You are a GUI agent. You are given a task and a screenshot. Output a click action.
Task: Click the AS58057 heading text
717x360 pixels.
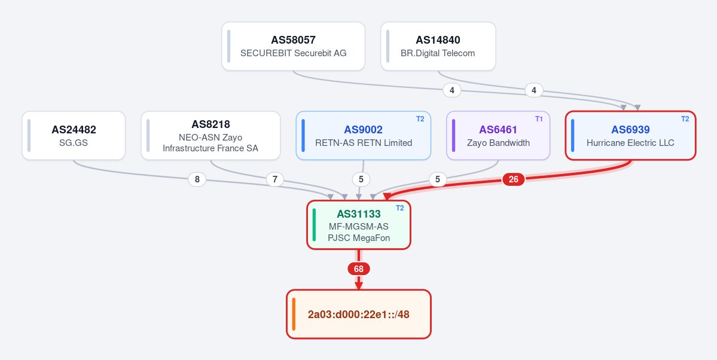[293, 40]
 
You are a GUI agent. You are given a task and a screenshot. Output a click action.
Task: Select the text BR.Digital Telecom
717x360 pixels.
[438, 53]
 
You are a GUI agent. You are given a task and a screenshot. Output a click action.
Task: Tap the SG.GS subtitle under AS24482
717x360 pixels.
[74, 143]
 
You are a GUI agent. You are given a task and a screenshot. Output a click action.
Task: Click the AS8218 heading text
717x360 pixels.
[210, 124]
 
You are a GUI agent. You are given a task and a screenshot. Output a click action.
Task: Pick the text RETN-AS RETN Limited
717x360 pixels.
[364, 143]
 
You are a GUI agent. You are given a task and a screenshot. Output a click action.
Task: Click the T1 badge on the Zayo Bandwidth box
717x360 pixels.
[539, 119]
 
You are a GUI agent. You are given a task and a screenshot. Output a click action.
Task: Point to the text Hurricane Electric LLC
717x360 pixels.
[630, 143]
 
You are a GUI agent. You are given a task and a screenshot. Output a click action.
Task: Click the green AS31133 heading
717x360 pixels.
[359, 213]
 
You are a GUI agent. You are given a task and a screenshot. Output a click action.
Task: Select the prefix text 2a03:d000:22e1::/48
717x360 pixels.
[359, 315]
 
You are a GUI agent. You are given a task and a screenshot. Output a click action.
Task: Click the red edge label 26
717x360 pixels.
[514, 179]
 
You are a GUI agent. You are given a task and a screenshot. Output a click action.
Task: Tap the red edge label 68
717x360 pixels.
[359, 269]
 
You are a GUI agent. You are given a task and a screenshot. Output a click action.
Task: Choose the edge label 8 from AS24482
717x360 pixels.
[197, 180]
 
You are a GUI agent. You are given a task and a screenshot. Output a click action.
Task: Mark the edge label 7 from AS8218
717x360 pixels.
[275, 180]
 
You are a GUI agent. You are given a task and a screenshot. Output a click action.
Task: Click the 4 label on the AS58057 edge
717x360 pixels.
[451, 90]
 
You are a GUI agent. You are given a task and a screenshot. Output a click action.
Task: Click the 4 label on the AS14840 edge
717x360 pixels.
[533, 90]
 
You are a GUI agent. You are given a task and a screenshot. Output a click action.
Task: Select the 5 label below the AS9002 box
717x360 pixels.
[361, 180]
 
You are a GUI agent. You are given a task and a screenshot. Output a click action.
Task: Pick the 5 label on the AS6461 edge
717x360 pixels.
[438, 180]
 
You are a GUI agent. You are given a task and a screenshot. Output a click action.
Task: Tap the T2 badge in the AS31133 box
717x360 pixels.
[399, 208]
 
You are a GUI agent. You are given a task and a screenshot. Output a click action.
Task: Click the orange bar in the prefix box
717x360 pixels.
[294, 315]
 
